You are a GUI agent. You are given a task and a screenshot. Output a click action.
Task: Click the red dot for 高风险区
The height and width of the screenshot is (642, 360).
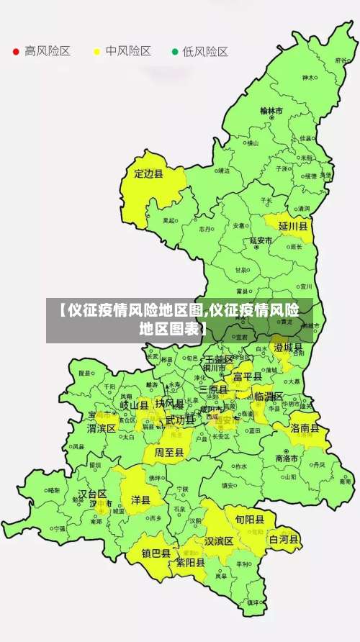[16, 52]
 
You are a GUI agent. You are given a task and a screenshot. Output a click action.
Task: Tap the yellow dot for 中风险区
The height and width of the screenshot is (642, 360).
[96, 52]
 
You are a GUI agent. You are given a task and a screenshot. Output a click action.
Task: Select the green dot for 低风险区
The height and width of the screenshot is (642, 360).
[174, 52]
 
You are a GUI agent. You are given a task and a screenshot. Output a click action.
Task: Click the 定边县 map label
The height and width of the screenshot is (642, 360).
[149, 173]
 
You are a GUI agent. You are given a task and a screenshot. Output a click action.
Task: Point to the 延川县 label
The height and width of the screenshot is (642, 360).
[293, 226]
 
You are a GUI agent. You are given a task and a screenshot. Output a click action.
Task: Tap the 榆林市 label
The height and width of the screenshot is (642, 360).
[271, 111]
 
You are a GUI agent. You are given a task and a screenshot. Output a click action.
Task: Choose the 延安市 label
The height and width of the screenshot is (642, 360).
[261, 240]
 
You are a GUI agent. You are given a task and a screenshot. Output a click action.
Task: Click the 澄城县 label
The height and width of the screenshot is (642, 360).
[288, 348]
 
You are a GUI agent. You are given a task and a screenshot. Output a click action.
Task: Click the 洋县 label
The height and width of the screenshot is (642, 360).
[140, 499]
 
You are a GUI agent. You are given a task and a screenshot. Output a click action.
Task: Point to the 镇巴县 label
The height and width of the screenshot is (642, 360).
[156, 553]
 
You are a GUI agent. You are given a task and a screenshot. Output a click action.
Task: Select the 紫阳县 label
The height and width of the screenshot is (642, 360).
[191, 563]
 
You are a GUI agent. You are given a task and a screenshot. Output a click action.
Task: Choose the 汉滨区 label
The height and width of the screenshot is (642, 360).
[219, 541]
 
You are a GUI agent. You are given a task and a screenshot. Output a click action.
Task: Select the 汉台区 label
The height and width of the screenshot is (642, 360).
[92, 494]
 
